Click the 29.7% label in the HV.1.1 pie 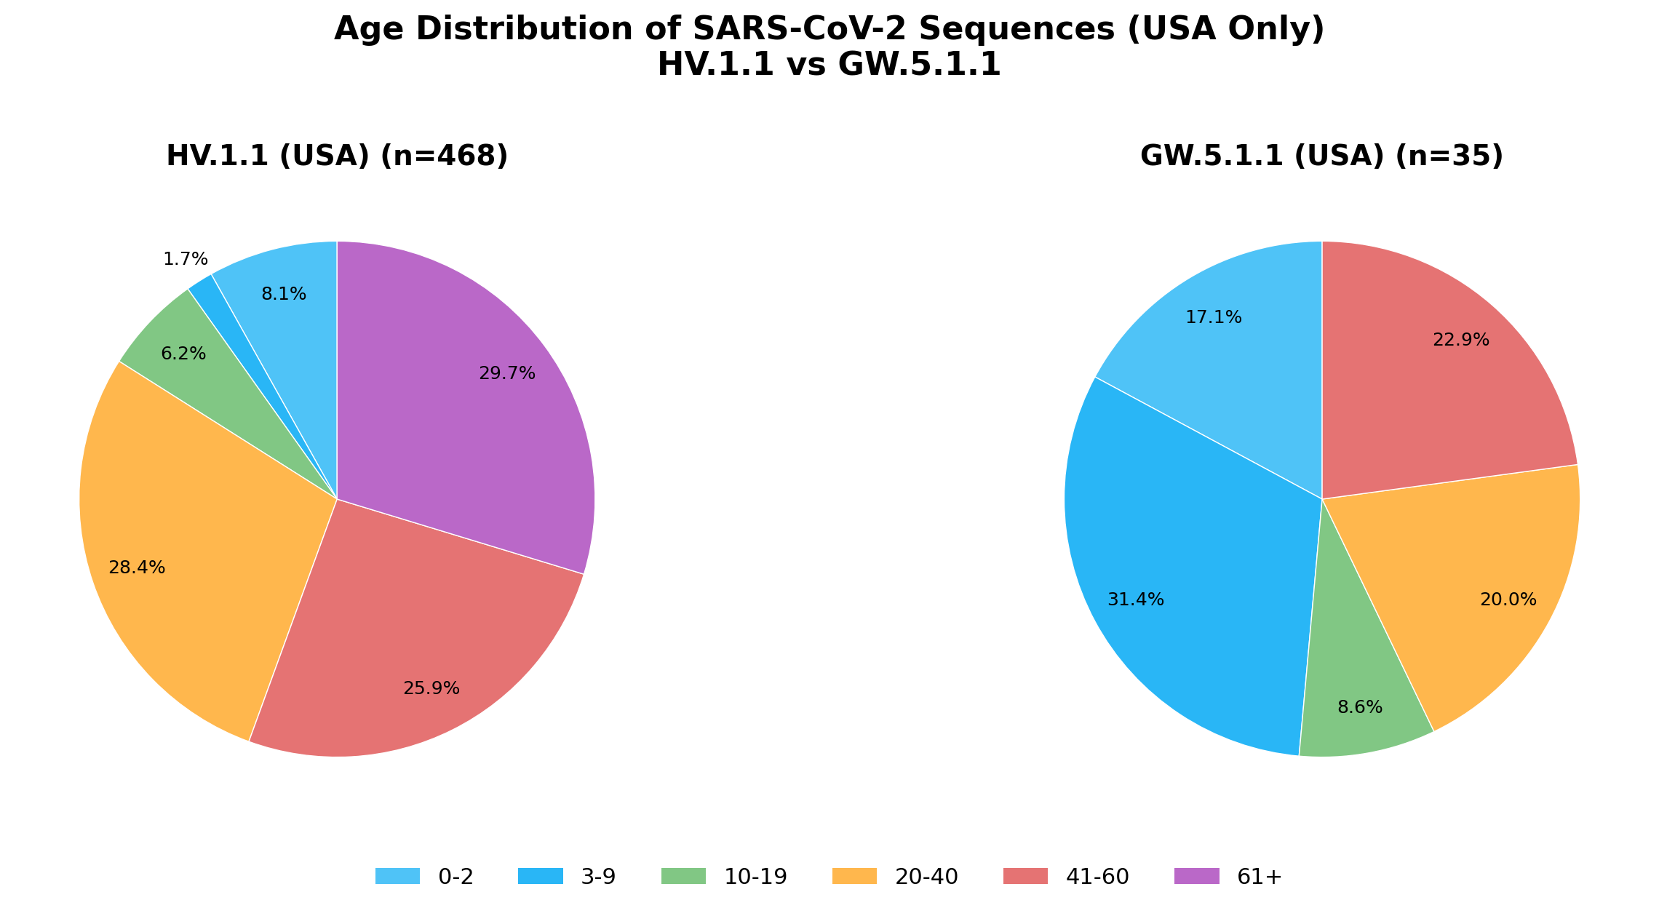pyautogui.click(x=507, y=373)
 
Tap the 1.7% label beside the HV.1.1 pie pyautogui.click(x=186, y=259)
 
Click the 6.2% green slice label pyautogui.click(x=183, y=354)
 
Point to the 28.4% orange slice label pyautogui.click(x=137, y=567)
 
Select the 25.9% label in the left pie pyautogui.click(x=431, y=688)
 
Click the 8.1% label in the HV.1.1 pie pyautogui.click(x=284, y=294)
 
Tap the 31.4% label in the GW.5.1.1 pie pyautogui.click(x=1136, y=600)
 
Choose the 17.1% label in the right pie pyautogui.click(x=1214, y=317)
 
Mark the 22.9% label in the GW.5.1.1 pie pyautogui.click(x=1461, y=340)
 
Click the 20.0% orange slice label pyautogui.click(x=1508, y=600)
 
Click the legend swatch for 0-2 pyautogui.click(x=397, y=877)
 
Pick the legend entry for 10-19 pyautogui.click(x=755, y=877)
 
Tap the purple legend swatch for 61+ pyautogui.click(x=1197, y=877)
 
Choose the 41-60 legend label pyautogui.click(x=1097, y=877)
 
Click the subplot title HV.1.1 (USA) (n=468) pyautogui.click(x=337, y=156)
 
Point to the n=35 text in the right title pyautogui.click(x=1448, y=156)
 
